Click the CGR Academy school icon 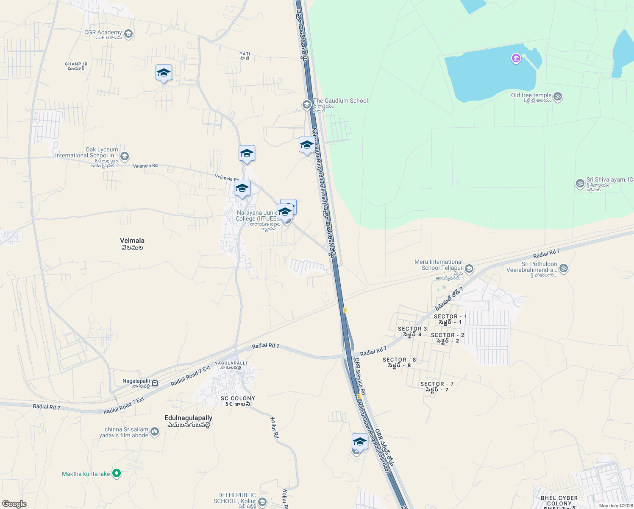(129, 34)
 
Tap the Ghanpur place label (76, 66)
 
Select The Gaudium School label (340, 101)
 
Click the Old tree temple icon (558, 97)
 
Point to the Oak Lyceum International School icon (125, 157)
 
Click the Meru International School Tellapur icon (469, 268)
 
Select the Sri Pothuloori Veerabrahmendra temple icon (563, 268)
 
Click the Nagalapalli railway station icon (155, 383)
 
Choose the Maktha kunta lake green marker (117, 474)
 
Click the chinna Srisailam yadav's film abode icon (155, 432)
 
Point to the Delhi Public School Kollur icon (262, 502)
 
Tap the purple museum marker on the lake (516, 59)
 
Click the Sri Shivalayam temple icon (580, 184)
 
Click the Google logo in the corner (14, 503)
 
